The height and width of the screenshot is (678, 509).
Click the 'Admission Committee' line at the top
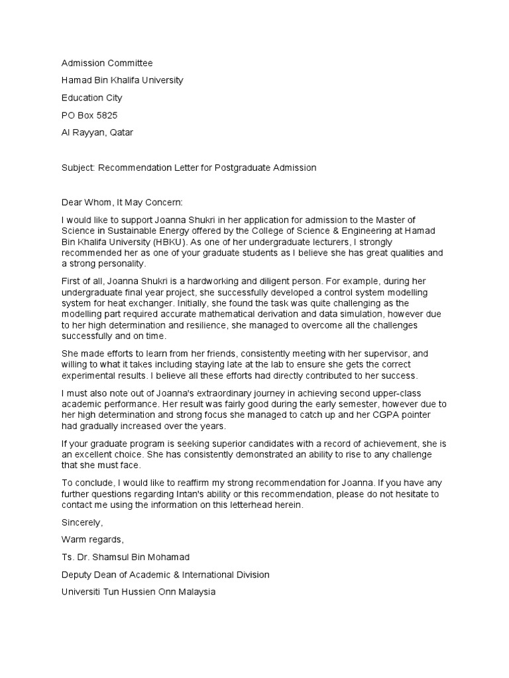click(107, 63)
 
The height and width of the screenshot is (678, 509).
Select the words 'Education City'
click(91, 98)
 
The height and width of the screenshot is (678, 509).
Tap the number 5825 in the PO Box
click(106, 115)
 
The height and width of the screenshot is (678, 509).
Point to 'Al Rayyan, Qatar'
click(97, 132)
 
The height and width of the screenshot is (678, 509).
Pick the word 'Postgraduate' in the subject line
click(249, 168)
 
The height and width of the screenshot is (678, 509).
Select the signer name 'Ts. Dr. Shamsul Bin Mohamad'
click(126, 557)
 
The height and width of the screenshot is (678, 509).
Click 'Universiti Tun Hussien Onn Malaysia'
click(139, 591)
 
